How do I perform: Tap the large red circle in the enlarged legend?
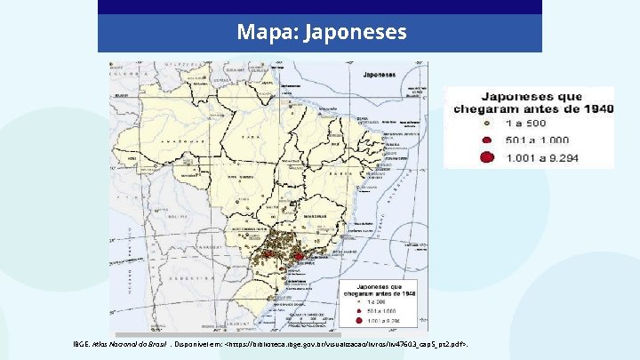(486, 157)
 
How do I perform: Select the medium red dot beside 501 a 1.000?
(486, 140)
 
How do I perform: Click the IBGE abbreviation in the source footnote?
(81, 343)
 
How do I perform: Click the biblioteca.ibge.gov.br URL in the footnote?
(347, 343)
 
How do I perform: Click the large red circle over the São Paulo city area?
(299, 256)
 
